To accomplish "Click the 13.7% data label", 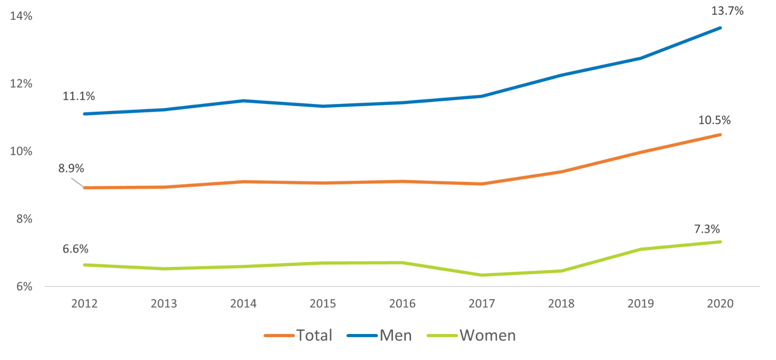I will click(727, 11).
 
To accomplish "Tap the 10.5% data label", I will click(714, 120).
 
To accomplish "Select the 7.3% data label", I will click(707, 229).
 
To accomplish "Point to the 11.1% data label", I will click(78, 96).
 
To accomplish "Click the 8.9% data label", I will click(71, 168).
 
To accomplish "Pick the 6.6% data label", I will click(75, 249).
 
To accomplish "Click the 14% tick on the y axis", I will click(21, 16).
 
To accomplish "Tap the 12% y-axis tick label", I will click(21, 83).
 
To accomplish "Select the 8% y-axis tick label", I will click(24, 219).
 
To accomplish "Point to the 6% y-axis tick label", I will click(24, 287).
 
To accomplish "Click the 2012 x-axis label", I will click(84, 304).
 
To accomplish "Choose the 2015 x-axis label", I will click(323, 304).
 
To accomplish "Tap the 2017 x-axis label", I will click(482, 304).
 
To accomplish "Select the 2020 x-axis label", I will click(720, 304).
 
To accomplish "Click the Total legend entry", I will click(314, 336).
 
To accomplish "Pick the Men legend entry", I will click(395, 336).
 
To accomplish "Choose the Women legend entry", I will click(487, 336).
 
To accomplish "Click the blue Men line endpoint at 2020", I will click(720, 28).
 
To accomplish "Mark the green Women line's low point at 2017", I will click(482, 275).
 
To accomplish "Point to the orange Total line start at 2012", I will click(84, 188).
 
